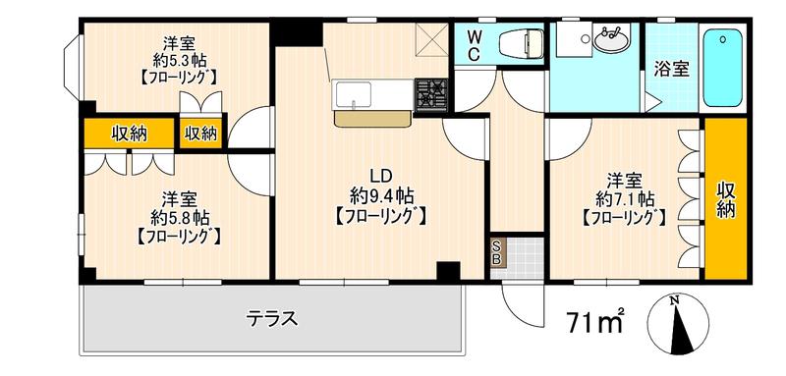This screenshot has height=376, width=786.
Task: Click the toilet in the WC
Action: tap(522, 43)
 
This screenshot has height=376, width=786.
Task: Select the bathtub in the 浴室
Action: tap(722, 68)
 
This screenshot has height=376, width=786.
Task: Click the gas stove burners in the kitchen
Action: tap(431, 94)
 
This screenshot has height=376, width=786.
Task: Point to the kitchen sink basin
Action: tap(354, 94)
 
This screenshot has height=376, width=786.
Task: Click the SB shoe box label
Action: tap(498, 252)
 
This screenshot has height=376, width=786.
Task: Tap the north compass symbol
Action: tap(678, 324)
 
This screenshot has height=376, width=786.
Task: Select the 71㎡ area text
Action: tap(596, 320)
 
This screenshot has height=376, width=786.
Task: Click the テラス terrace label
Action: tap(272, 318)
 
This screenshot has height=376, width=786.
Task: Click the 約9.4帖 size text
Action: tap(381, 196)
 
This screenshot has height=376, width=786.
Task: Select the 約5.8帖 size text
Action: tap(180, 218)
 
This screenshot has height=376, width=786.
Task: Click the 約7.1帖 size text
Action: tap(624, 199)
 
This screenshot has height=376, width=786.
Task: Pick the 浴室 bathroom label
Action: tap(672, 70)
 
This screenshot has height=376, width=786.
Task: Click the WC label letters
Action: tap(475, 45)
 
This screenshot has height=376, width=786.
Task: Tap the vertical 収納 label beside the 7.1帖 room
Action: tap(725, 199)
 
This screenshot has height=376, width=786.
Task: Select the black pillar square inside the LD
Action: tap(448, 271)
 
